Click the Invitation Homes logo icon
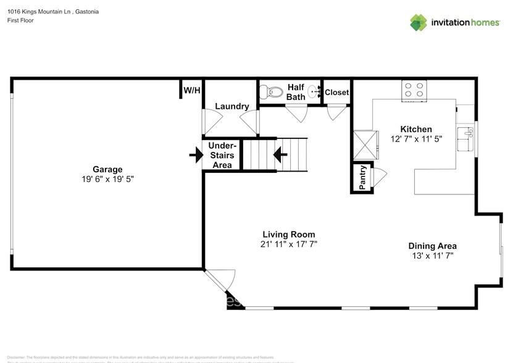point(419,22)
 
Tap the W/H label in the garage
point(191,91)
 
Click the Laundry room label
point(232,106)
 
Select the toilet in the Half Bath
point(271,93)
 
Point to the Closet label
point(336,93)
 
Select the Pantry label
point(362,177)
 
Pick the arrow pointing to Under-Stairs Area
point(195,155)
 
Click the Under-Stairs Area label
point(222,155)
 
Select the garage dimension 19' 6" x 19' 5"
point(107,179)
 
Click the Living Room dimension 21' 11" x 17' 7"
point(288,244)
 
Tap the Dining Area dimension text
point(433,256)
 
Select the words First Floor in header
point(20,20)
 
